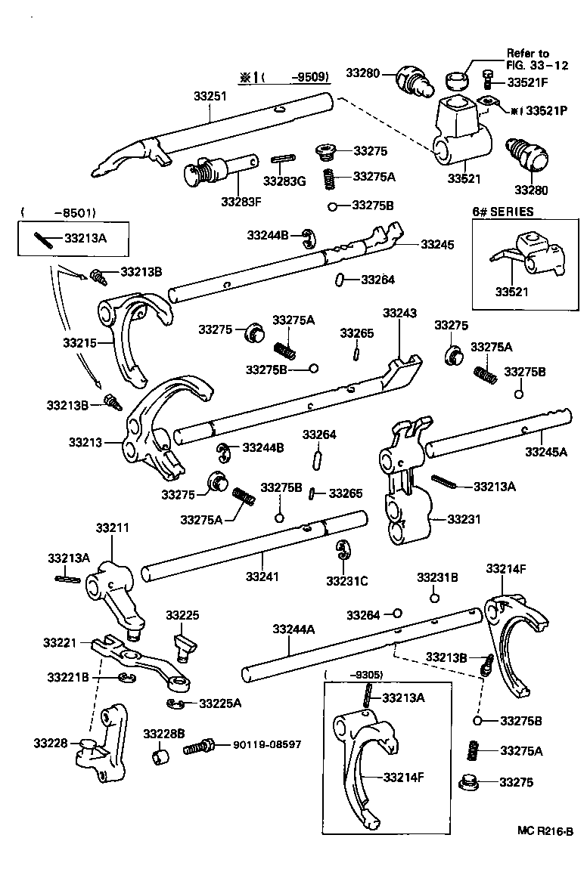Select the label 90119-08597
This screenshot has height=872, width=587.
pyautogui.click(x=260, y=744)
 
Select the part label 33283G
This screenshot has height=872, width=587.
pyautogui.click(x=284, y=181)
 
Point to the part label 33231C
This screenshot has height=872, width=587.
pyautogui.click(x=347, y=580)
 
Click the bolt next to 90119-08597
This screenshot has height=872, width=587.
pyautogui.click(x=200, y=748)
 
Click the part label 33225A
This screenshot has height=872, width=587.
pyautogui.click(x=220, y=703)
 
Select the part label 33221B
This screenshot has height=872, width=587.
pyautogui.click(x=68, y=676)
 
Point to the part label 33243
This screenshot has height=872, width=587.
pyautogui.click(x=399, y=312)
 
